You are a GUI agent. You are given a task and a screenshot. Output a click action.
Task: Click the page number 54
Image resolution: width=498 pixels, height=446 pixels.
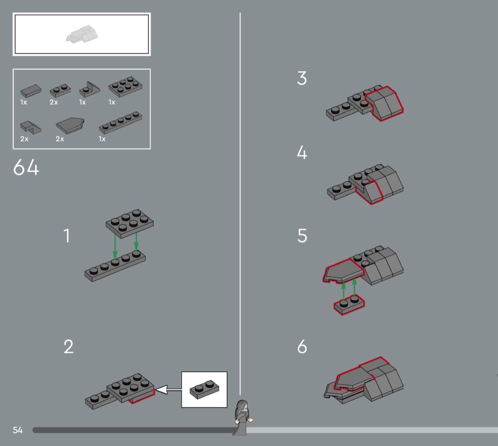click(x=18, y=430)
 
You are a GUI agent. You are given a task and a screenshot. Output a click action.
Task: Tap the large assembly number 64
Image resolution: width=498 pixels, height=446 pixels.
click(x=26, y=167)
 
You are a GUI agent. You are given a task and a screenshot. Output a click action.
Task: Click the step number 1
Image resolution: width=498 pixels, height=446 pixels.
click(x=67, y=236)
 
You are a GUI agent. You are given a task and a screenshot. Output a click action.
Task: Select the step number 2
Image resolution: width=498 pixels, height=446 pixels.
click(x=69, y=347)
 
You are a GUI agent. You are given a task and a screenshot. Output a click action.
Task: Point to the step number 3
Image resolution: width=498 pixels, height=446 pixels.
click(x=302, y=78)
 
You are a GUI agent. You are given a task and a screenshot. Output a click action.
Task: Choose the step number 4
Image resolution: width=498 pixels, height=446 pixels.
click(x=302, y=152)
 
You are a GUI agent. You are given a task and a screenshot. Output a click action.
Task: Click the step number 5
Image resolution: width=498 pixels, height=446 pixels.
click(x=303, y=236)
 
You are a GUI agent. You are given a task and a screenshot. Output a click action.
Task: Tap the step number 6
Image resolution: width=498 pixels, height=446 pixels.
click(x=303, y=347)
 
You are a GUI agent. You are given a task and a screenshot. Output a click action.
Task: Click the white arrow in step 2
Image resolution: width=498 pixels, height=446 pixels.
click(x=168, y=390)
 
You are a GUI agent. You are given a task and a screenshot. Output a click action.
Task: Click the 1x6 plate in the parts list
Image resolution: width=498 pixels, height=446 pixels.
click(x=120, y=122)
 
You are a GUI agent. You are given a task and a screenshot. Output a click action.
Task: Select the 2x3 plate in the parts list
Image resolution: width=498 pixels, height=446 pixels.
click(x=125, y=86)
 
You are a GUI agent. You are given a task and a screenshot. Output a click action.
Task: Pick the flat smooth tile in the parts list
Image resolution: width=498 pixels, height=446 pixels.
click(x=31, y=90)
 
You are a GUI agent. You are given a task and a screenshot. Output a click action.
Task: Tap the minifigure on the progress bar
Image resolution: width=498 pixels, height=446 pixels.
click(x=242, y=417)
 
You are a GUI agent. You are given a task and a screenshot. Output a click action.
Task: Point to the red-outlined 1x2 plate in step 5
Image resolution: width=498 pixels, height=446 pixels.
click(x=349, y=304)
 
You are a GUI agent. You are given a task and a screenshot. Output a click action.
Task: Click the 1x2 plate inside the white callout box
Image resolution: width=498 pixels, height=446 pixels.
click(x=204, y=390)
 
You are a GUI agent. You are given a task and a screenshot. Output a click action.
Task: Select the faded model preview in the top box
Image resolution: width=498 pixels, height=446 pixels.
click(x=82, y=34)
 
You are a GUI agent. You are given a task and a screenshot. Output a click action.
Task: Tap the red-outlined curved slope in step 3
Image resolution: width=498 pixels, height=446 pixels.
click(x=384, y=103)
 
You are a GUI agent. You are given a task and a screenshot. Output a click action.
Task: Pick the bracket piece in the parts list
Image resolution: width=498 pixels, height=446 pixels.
click(x=90, y=89)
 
